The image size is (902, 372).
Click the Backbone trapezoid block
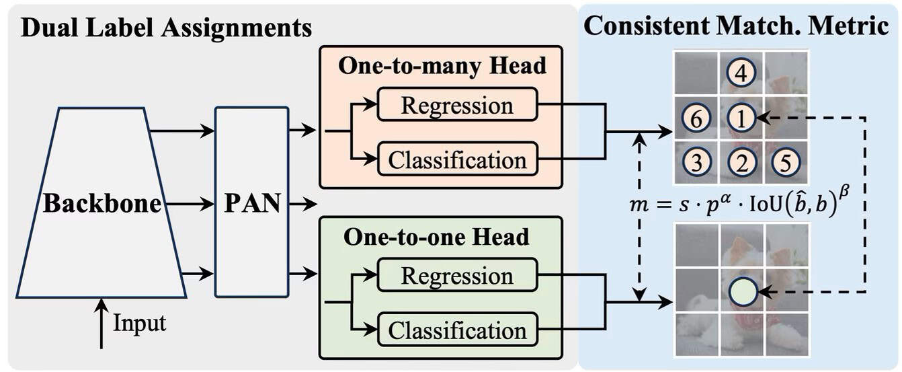click(101, 202)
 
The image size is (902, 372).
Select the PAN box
click(251, 202)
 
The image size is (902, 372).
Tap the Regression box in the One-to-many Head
click(456, 105)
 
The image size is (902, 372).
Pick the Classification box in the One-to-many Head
click(456, 159)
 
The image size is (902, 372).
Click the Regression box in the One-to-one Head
click(456, 276)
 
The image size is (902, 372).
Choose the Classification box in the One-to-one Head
click(456, 330)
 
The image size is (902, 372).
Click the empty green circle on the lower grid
click(743, 291)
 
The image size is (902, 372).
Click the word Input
click(139, 323)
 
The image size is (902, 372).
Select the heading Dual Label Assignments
click(166, 28)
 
